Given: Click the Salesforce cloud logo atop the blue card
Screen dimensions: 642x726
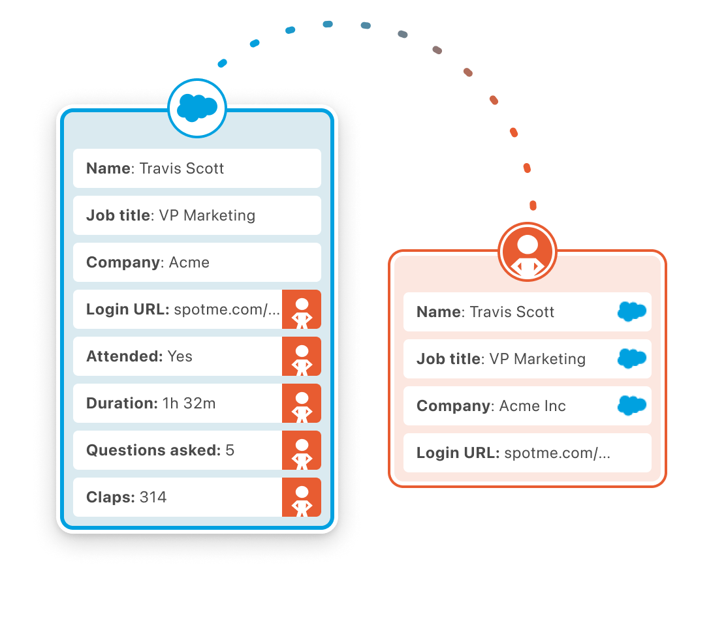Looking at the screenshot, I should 197,108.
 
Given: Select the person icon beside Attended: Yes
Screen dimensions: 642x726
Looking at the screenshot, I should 302,356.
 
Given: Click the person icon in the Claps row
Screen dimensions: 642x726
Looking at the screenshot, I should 302,497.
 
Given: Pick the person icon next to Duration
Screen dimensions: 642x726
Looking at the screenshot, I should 302,403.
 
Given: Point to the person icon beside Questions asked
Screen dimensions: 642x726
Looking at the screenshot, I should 302,450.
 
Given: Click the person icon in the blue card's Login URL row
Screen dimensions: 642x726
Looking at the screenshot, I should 302,309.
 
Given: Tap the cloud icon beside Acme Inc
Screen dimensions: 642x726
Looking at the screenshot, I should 631,406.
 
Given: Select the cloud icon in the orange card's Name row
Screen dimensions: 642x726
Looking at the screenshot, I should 631,312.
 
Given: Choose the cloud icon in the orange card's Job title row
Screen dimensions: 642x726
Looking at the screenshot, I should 631,359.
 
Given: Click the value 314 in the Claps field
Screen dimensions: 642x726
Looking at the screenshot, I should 153,497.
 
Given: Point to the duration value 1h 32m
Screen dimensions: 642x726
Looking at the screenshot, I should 189,403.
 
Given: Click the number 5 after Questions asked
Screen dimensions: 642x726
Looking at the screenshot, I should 230,450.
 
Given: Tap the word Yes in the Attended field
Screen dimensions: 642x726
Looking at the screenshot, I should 180,356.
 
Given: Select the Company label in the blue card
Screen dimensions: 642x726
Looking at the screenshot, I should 123,262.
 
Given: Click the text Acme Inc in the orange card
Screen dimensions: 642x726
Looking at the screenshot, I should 533,406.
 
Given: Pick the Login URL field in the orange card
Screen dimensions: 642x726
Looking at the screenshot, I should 527,453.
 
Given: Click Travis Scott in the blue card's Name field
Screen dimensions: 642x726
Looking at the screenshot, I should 182,168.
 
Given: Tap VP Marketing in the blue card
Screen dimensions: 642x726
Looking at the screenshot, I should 207,215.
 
